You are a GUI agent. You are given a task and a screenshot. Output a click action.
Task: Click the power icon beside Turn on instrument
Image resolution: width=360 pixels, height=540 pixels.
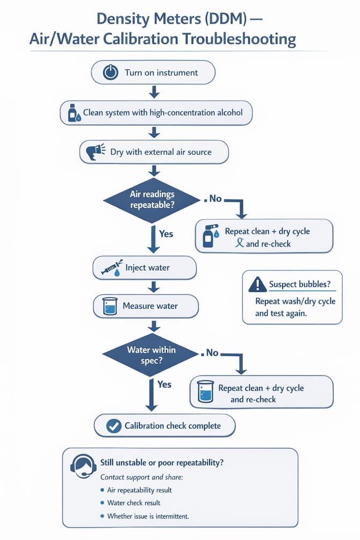111,73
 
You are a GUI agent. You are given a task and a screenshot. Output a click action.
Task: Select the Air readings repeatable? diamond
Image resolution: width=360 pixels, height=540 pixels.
152,200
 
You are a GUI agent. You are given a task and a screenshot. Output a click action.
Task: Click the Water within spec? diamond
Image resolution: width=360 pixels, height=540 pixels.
151,355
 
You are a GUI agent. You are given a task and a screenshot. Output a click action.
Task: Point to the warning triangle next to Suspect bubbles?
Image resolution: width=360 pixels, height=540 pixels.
257,284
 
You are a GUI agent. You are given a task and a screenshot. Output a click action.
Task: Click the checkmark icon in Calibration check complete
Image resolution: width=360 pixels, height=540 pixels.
113,426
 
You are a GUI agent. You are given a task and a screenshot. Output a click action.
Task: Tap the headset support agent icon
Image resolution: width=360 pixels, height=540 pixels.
82,466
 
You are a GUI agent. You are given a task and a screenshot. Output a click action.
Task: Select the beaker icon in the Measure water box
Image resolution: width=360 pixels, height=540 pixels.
110,306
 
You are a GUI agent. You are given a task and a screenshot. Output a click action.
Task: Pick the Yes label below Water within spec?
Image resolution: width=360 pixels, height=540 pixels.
164,384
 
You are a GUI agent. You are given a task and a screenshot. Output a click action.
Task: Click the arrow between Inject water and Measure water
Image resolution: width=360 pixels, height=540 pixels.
154,286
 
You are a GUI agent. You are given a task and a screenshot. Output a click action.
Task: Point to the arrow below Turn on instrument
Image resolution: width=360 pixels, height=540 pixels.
154,92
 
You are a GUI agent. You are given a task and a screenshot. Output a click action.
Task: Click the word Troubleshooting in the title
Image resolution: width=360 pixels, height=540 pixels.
239,39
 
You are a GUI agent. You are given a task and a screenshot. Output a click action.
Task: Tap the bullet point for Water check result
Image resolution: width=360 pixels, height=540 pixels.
102,503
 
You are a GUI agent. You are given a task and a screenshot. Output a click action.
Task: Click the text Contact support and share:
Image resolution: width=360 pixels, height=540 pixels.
142,477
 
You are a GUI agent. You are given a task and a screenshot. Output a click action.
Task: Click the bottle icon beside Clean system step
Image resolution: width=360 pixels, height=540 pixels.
74,113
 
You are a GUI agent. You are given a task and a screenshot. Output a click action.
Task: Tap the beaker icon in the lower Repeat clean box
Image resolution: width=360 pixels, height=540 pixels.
205,392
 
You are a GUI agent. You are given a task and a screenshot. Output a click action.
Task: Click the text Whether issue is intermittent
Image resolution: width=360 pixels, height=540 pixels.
148,516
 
